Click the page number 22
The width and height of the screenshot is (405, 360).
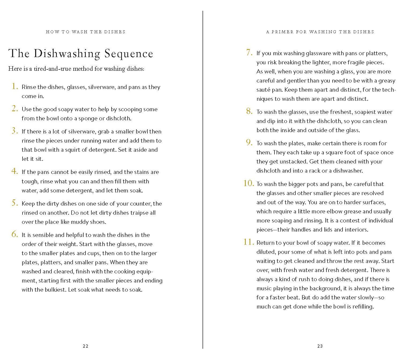pyautogui.click(x=86, y=346)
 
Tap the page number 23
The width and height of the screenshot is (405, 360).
pyautogui.click(x=320, y=346)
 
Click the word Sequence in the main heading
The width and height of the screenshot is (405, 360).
pyautogui.click(x=129, y=54)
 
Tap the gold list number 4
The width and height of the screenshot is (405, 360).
pyautogui.click(x=14, y=171)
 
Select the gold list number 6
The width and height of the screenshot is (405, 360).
pyautogui.click(x=14, y=234)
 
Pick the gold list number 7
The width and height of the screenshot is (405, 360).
pyautogui.click(x=249, y=53)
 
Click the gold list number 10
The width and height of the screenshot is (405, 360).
pyautogui.click(x=248, y=183)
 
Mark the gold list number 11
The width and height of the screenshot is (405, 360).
pyautogui.click(x=248, y=242)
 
